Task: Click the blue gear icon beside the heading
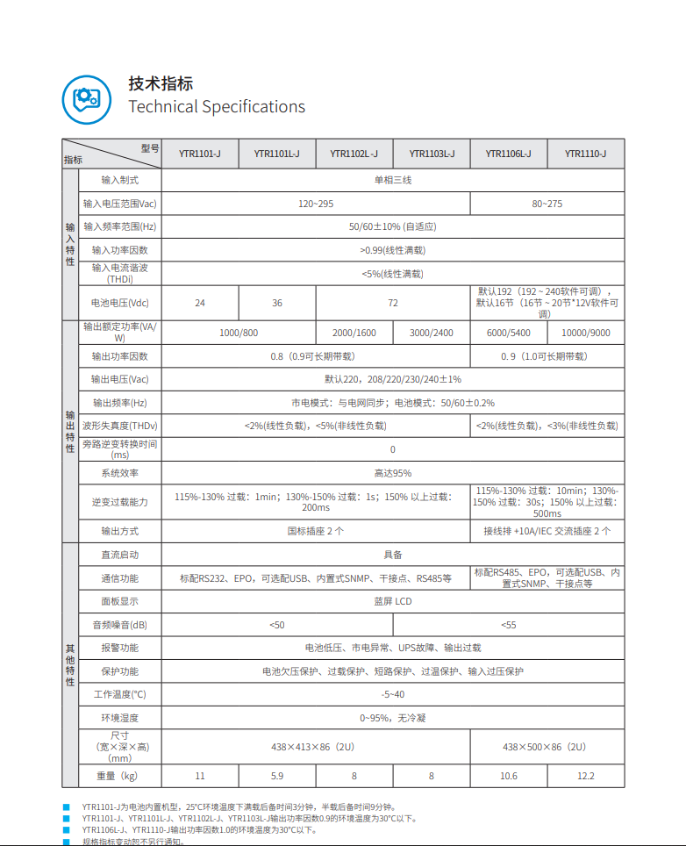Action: [x=86, y=98]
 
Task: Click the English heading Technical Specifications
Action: [x=217, y=107]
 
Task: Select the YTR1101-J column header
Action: [x=200, y=154]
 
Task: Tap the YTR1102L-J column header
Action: [x=354, y=154]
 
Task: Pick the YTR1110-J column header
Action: [x=586, y=154]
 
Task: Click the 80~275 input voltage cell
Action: [x=547, y=204]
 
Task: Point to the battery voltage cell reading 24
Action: [x=200, y=303]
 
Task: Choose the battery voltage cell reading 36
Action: [x=277, y=303]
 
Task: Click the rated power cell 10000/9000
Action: [x=586, y=333]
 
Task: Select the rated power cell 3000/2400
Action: [x=432, y=333]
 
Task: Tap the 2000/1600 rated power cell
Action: [x=354, y=333]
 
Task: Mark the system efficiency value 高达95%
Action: [x=393, y=473]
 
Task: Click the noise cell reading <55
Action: [x=509, y=625]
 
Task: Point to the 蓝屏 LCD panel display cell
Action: [x=393, y=601]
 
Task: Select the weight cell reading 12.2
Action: [x=586, y=776]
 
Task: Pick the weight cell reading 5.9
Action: [x=277, y=776]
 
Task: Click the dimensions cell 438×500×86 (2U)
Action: [x=547, y=747]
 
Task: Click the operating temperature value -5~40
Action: [x=393, y=694]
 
